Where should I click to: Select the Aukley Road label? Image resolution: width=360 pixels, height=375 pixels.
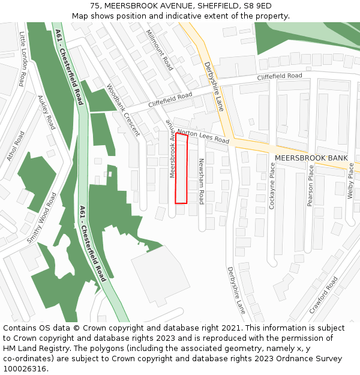coord(46,112)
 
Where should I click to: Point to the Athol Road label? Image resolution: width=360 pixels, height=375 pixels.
coord(15,146)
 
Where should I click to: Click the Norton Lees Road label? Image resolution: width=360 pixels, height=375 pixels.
coord(203,136)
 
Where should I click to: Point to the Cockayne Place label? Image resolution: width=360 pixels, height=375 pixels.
coord(272,185)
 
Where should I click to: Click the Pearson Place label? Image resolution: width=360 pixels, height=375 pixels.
coord(310,185)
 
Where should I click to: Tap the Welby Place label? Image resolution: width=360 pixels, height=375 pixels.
coord(351,181)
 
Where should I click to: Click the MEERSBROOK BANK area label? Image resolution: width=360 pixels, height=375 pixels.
coord(311,158)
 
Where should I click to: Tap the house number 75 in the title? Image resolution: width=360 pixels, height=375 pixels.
coord(95,6)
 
